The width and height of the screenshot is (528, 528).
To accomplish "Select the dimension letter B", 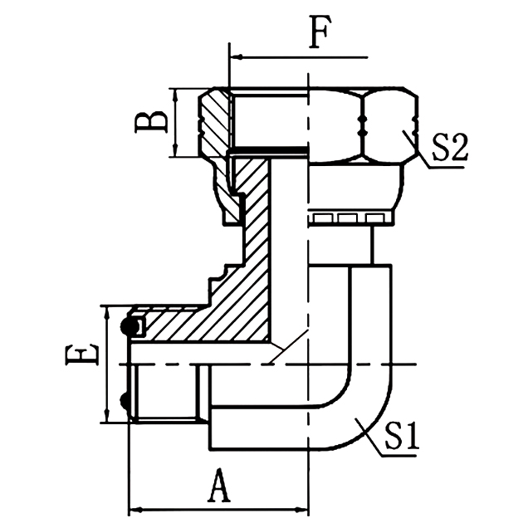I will point(151,122).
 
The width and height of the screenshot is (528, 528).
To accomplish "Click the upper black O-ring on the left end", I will point(130,326).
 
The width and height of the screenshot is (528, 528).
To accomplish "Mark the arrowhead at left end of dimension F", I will point(234,58).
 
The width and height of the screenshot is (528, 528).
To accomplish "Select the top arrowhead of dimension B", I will point(175,94).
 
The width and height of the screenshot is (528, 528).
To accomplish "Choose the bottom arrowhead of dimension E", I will point(106,417).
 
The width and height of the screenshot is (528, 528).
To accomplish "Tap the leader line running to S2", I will point(415,148).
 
